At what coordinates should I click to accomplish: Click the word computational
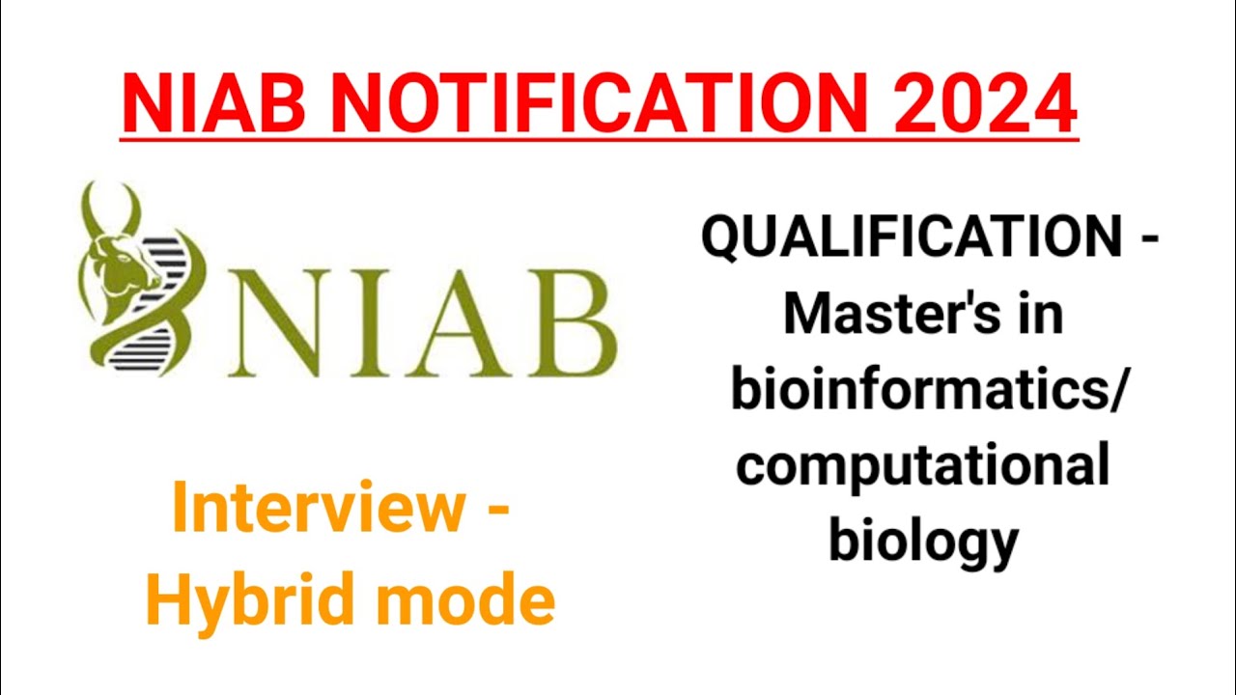[923, 465]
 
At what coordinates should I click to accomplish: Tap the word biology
[923, 541]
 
